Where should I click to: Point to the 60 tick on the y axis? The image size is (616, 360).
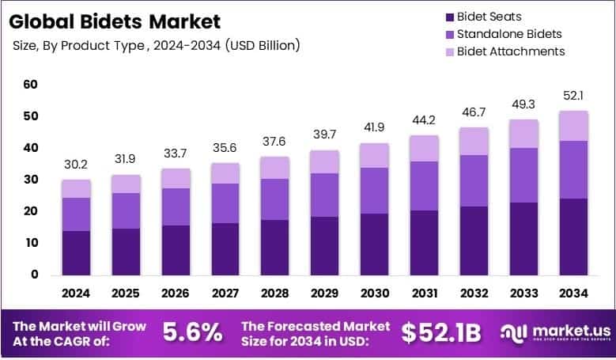pyautogui.click(x=31, y=84)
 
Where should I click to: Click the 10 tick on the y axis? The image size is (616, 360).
pyautogui.click(x=31, y=243)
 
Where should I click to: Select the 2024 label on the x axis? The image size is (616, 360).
pyautogui.click(x=76, y=293)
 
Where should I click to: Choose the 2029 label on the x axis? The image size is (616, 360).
pyautogui.click(x=324, y=293)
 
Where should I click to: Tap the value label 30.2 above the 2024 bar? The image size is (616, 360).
pyautogui.click(x=76, y=165)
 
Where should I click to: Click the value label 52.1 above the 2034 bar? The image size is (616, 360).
pyautogui.click(x=572, y=96)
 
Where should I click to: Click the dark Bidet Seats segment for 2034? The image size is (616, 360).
pyautogui.click(x=572, y=237)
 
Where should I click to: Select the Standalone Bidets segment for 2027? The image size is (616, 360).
pyautogui.click(x=225, y=203)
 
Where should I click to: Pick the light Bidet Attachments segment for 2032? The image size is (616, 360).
pyautogui.click(x=473, y=141)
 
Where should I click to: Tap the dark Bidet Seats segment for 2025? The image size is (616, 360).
pyautogui.click(x=126, y=252)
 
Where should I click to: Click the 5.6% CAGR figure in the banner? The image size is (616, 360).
pyautogui.click(x=192, y=332)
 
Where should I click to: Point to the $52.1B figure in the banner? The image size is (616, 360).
pyautogui.click(x=440, y=333)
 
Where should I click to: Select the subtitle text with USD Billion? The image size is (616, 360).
pyautogui.click(x=156, y=45)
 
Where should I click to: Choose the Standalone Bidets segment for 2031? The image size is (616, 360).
pyautogui.click(x=423, y=186)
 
